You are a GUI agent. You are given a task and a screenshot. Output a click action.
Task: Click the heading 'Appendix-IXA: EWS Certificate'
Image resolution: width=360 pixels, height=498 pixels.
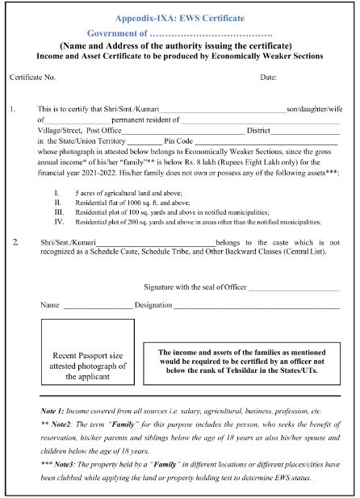[180, 16]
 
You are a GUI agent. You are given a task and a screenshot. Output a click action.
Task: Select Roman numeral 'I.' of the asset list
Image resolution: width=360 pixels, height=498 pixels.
[57, 194]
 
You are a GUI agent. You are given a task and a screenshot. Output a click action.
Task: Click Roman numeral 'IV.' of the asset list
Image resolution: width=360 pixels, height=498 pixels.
[58, 220]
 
